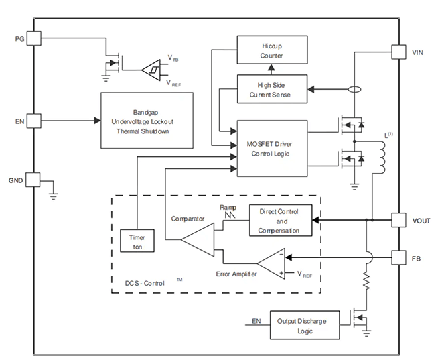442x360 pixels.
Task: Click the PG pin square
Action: point(34,38)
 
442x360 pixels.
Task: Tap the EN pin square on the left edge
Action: point(34,121)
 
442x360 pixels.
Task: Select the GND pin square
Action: point(33,180)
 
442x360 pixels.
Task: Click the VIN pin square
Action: point(399,52)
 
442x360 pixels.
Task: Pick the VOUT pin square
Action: point(399,220)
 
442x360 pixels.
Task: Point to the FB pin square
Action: point(399,257)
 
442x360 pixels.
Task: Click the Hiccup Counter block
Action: point(272,50)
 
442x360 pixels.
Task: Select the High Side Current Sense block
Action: point(272,89)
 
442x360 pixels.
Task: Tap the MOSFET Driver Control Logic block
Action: point(272,148)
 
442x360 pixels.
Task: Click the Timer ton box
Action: point(137,241)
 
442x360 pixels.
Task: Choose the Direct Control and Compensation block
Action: point(281,221)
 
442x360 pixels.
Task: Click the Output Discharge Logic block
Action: point(305,325)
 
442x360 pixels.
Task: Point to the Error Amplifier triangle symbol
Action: point(271,263)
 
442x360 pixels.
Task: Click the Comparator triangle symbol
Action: point(198,240)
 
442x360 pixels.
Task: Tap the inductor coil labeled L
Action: point(382,158)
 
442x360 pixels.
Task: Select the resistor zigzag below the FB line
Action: point(366,281)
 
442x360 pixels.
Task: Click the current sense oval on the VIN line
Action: point(355,90)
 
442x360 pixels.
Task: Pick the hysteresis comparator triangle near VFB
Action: point(151,70)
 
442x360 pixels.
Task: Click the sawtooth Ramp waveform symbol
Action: point(230,215)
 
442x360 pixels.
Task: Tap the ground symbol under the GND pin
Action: point(54,196)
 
